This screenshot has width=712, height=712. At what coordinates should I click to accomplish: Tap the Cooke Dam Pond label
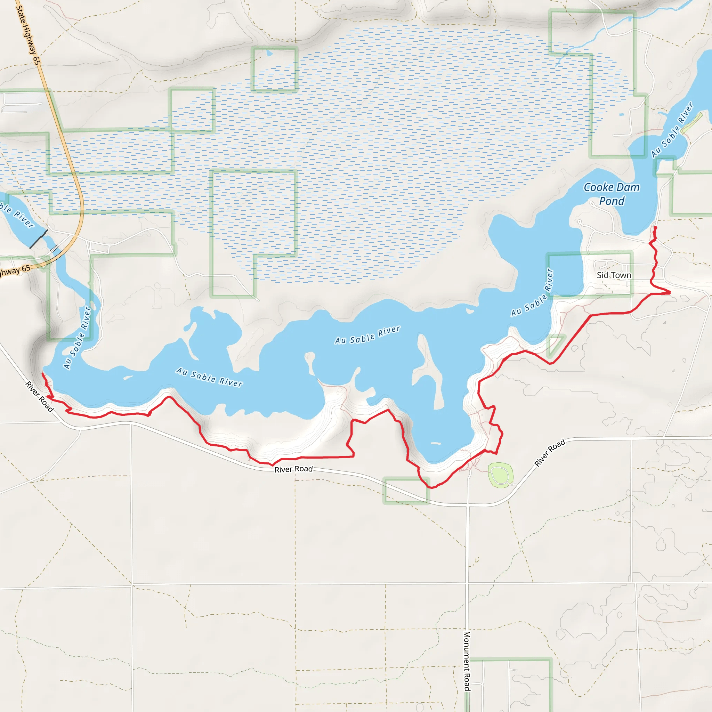point(612,194)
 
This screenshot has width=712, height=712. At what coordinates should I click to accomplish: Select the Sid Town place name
point(614,275)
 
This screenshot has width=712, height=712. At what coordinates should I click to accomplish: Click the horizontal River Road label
point(293,469)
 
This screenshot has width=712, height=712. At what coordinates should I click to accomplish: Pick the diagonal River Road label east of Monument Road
point(550,453)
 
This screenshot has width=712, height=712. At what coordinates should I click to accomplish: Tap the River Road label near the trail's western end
point(39,397)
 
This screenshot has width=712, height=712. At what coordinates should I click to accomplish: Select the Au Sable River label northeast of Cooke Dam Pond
point(672,130)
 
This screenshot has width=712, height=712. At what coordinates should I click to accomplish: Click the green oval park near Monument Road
point(500,475)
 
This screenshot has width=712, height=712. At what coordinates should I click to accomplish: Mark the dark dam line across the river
point(39,239)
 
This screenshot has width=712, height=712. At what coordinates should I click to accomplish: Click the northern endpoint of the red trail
point(655,228)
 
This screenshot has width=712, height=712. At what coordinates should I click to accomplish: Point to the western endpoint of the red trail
point(43,374)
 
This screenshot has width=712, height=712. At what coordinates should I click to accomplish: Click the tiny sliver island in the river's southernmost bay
point(435,443)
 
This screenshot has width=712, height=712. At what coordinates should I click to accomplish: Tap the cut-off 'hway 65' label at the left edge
point(15,271)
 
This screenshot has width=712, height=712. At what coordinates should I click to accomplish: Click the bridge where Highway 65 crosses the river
point(55,249)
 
